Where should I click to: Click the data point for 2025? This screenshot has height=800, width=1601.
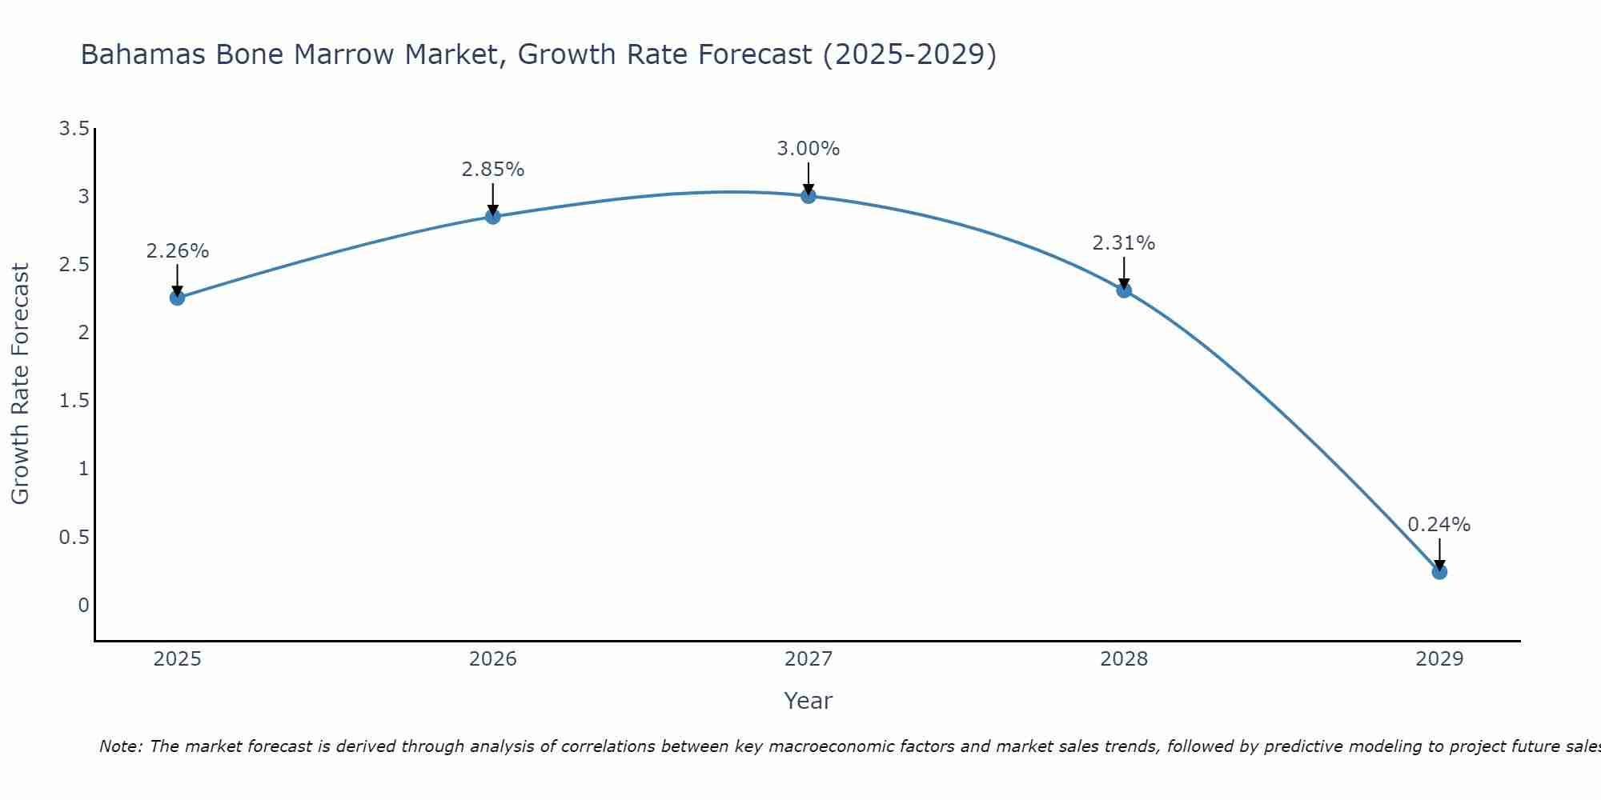pyautogui.click(x=177, y=298)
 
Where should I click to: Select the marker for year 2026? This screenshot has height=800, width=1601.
pyautogui.click(x=492, y=217)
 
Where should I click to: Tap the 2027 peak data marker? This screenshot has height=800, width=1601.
pyautogui.click(x=808, y=196)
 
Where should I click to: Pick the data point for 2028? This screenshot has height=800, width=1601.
pyautogui.click(x=1124, y=290)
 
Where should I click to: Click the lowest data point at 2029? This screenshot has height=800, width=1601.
pyautogui.click(x=1439, y=572)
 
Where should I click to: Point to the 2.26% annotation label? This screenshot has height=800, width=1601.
pyautogui.click(x=177, y=251)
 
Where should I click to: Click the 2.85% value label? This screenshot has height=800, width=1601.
pyautogui.click(x=492, y=170)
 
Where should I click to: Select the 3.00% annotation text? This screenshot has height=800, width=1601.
pyautogui.click(x=808, y=149)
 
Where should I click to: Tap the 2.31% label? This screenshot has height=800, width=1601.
pyautogui.click(x=1124, y=243)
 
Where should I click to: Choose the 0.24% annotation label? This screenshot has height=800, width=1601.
pyautogui.click(x=1439, y=525)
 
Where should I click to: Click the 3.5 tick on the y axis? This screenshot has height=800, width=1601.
pyautogui.click(x=74, y=129)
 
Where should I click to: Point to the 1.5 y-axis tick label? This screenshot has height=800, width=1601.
pyautogui.click(x=74, y=401)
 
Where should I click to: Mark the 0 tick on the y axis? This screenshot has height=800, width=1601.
pyautogui.click(x=83, y=606)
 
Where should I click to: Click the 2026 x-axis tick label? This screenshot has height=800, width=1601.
pyautogui.click(x=492, y=659)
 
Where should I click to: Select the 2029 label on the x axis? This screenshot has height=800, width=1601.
pyautogui.click(x=1439, y=659)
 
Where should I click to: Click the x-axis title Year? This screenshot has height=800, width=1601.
pyautogui.click(x=808, y=701)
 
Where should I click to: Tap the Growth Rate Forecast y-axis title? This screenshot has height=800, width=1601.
pyautogui.click(x=20, y=384)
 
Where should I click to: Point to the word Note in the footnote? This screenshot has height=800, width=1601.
pyautogui.click(x=120, y=746)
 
